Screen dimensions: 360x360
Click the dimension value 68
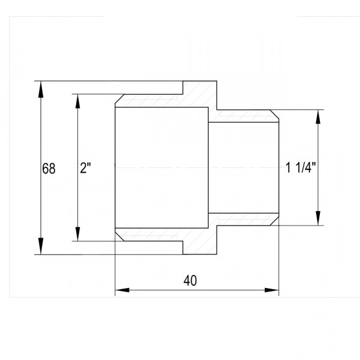pos(49,169)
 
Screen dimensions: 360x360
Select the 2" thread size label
pos(85,168)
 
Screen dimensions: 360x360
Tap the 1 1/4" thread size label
pos(301,167)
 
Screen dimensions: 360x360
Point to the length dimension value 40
pos(190,280)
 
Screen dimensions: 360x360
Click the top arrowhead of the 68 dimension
pos(41,89)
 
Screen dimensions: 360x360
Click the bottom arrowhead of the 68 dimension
pos(41,246)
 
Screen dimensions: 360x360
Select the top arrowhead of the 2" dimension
pos(78,101)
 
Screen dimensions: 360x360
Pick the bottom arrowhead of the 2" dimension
pos(78,234)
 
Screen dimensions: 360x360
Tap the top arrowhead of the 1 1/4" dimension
pos(318,117)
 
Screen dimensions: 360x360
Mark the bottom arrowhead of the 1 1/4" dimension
pos(318,218)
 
